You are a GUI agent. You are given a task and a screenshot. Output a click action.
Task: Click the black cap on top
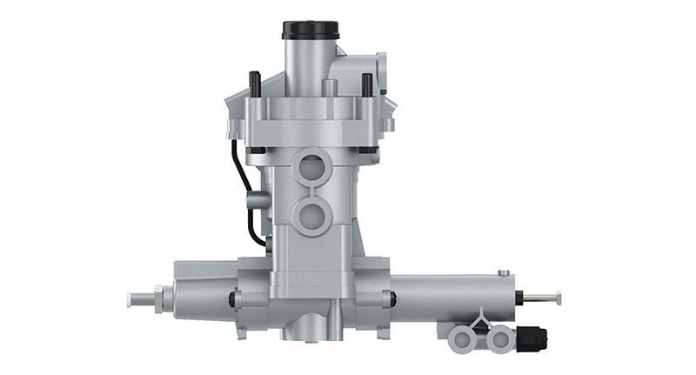tap(308, 30)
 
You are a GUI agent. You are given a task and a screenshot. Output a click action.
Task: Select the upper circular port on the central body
tap(310, 164)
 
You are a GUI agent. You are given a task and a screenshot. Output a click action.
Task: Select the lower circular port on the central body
tap(310, 213)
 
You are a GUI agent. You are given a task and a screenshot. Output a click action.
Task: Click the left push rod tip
tap(131, 298)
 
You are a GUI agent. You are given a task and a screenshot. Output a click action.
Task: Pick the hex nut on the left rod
tap(158, 298)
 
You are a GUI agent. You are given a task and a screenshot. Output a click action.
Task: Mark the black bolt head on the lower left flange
tap(231, 299)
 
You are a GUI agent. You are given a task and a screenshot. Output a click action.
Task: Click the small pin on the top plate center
tap(331, 87)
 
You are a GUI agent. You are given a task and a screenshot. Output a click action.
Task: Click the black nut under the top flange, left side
tap(256, 150)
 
